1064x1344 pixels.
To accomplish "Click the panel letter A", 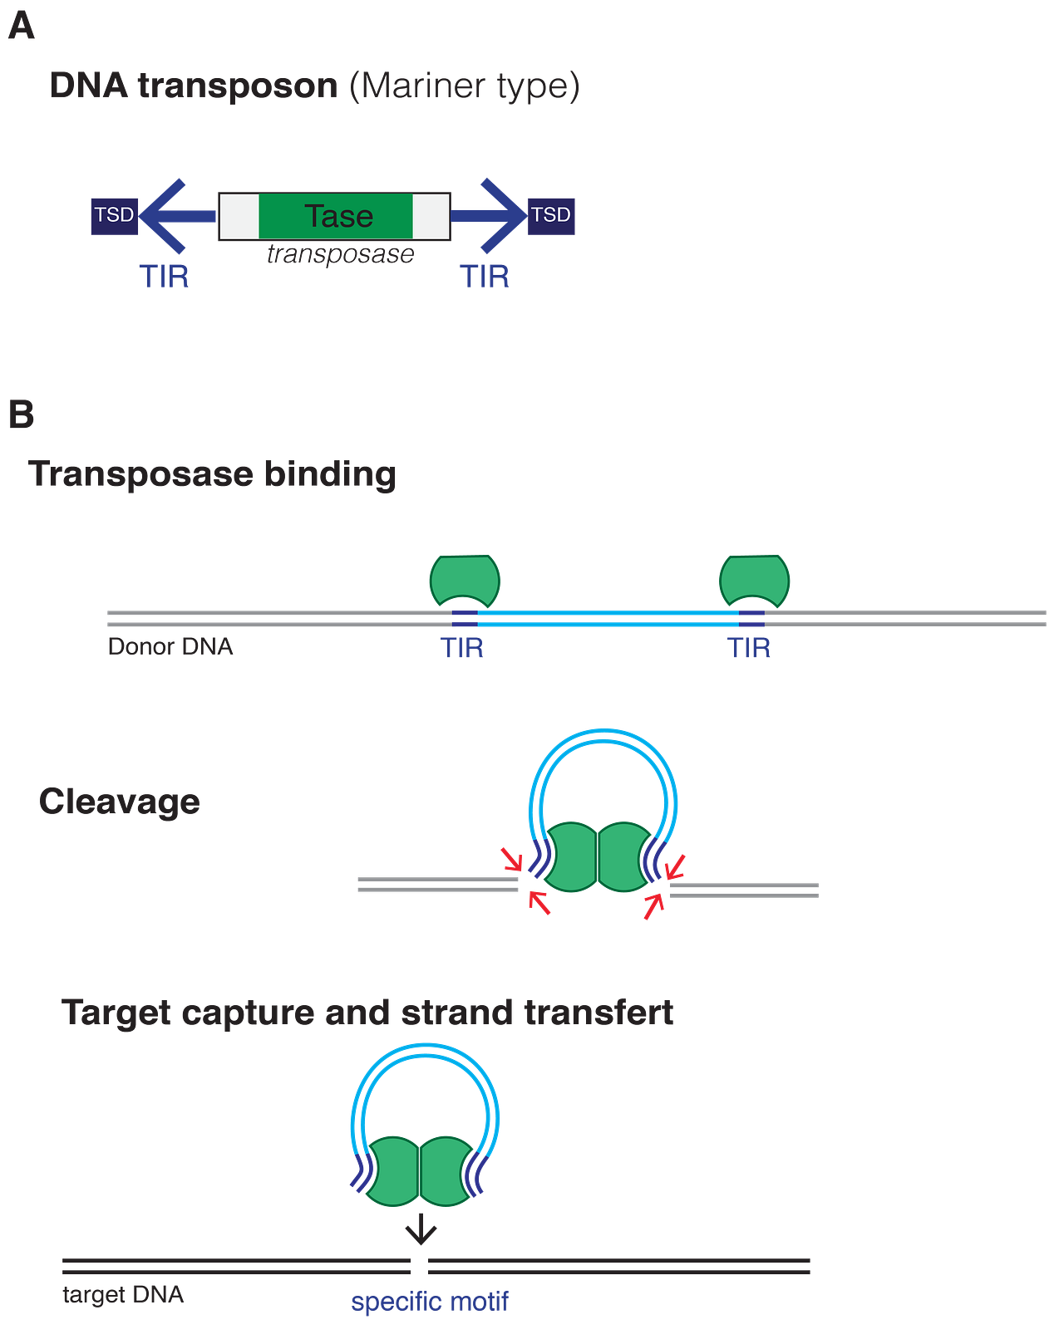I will point(22,26).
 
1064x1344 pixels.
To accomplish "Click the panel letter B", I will point(22,414).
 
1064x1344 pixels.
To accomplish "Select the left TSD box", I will point(115,215).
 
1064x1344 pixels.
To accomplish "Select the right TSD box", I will point(551,215).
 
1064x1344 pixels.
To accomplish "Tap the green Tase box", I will point(336,216).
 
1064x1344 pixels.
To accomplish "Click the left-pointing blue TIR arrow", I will point(175,216).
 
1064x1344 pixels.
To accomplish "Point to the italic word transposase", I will point(340,253).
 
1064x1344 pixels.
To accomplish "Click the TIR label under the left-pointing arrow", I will point(165,277).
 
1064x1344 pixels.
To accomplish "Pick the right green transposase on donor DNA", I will point(755,578).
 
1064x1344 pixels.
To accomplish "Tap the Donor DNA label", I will point(170,646).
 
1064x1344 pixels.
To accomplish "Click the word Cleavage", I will point(120,802).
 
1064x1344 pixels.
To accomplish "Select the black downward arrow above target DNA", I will point(421,1229).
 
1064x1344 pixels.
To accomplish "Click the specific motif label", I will point(430,1301).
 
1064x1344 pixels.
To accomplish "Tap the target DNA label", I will point(123,1294).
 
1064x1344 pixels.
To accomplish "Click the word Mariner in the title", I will point(423,86).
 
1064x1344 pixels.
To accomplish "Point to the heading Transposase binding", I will point(213,474).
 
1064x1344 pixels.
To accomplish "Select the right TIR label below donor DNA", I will point(749,648).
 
